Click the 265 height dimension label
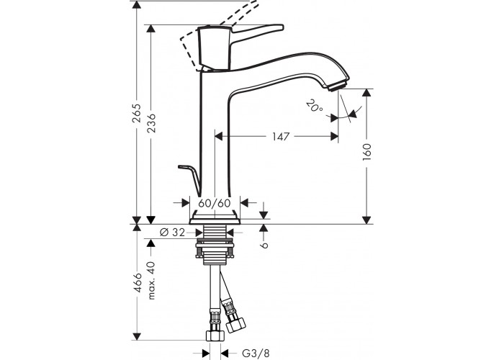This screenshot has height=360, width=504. pyautogui.click(x=138, y=113)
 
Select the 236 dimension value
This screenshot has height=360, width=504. pyautogui.click(x=151, y=123)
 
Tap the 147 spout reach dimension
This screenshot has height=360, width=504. pyautogui.click(x=281, y=137)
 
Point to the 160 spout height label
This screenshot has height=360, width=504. pyautogui.click(x=367, y=152)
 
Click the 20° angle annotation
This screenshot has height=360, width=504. pyautogui.click(x=315, y=107)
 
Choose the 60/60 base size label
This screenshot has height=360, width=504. pyautogui.click(x=215, y=203)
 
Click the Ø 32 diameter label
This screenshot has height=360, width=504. pyautogui.click(x=173, y=232)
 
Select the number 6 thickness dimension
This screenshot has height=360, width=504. pyautogui.click(x=264, y=245)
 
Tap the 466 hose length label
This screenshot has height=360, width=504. pyautogui.click(x=138, y=282)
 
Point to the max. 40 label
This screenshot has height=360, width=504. pyautogui.click(x=151, y=281)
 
